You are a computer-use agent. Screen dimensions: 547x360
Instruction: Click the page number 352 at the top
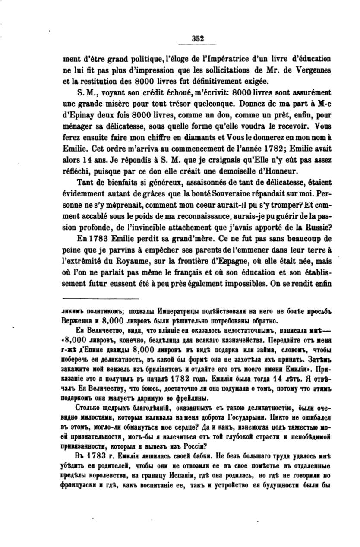tap(198, 38)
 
